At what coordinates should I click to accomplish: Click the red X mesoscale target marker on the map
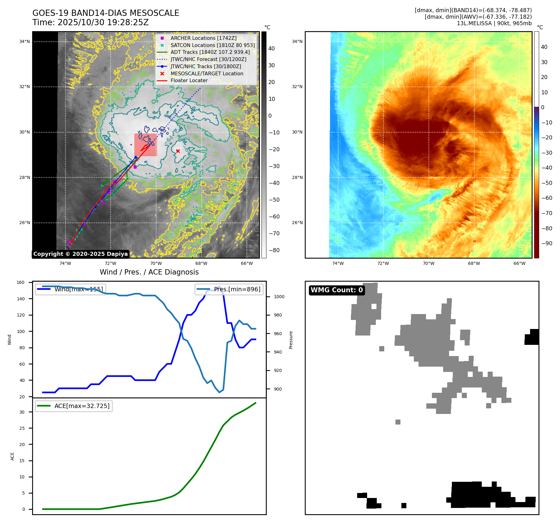[178, 151]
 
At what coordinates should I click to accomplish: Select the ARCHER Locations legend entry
[203, 38]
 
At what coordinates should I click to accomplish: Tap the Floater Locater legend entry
[189, 80]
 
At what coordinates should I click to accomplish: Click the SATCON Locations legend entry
[213, 45]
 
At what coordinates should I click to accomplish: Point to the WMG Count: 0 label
[337, 290]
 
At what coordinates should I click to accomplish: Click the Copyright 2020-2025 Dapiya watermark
[80, 254]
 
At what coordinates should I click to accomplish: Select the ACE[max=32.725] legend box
[74, 406]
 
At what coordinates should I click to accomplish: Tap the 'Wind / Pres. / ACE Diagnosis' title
[149, 272]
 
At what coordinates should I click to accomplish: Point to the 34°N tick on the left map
[25, 41]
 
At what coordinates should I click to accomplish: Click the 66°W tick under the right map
[519, 263]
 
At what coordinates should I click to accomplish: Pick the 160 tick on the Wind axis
[21, 283]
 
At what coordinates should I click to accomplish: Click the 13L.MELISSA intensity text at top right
[494, 23]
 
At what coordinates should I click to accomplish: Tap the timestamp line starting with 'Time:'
[90, 22]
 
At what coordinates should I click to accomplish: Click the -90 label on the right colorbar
[547, 243]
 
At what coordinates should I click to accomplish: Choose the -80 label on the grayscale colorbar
[274, 250]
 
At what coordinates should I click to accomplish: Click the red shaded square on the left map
[146, 145]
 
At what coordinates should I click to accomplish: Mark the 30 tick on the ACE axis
[22, 412]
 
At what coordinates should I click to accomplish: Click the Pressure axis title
[291, 340]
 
